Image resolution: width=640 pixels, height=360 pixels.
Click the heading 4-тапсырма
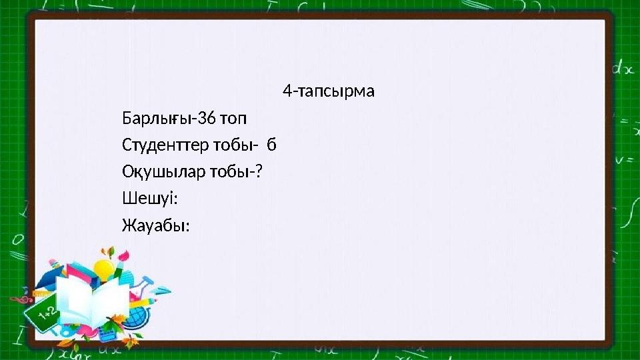click(328, 91)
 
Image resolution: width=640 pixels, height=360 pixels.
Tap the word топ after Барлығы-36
click(233, 119)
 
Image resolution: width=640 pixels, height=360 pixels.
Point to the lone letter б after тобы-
click(271, 145)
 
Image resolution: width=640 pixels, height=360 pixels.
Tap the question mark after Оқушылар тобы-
click(258, 171)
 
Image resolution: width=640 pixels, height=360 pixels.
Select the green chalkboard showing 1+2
click(44, 313)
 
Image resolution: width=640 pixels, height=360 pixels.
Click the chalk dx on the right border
click(623, 68)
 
